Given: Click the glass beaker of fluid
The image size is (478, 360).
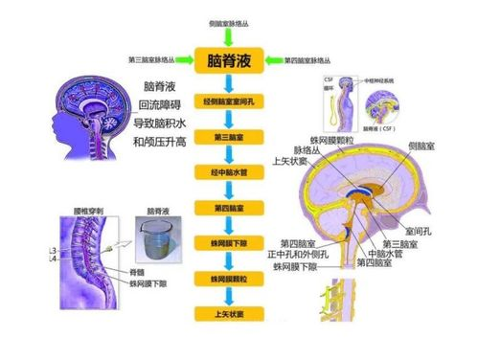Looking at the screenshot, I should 153,242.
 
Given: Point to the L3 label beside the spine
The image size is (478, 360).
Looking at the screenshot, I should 51,251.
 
